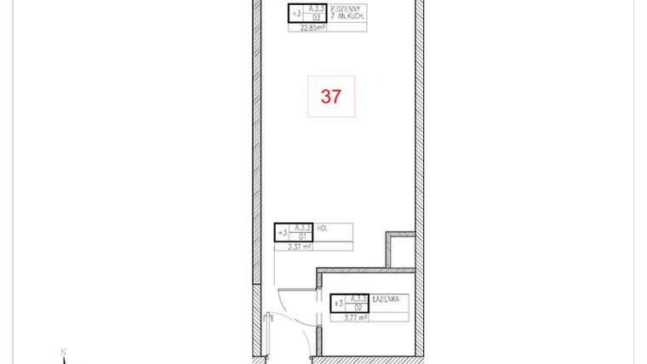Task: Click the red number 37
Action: [x=330, y=97]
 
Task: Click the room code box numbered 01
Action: [x=301, y=236]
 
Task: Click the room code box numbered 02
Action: [x=358, y=307]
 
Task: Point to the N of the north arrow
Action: [x=63, y=350]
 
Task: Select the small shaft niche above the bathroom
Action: [x=401, y=249]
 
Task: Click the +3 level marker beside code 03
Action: [x=296, y=14]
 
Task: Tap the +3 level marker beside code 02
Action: [x=338, y=303]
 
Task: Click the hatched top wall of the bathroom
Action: [x=366, y=270]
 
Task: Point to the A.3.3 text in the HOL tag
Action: [x=301, y=228]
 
